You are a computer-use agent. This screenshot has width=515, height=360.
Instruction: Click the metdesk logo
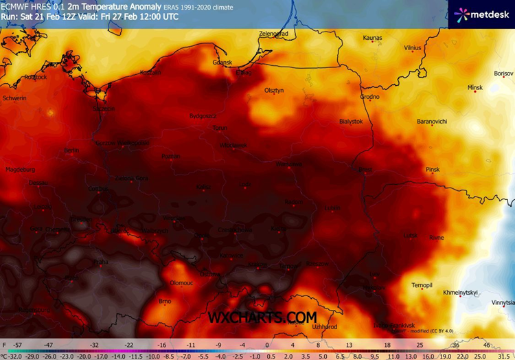point(481,14)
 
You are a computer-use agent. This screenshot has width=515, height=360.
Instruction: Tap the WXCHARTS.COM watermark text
point(262,317)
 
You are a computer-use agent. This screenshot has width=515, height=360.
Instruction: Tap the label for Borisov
point(503,74)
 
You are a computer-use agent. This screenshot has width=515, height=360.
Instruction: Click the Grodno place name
point(369,97)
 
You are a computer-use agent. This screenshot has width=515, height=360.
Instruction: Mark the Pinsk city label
point(432,169)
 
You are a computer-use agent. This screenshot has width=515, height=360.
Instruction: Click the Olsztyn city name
point(275,90)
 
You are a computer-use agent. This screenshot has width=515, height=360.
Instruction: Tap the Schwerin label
point(14,98)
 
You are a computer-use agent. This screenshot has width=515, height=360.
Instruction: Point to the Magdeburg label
point(19,169)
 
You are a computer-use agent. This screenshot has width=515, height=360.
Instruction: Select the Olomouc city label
point(181,282)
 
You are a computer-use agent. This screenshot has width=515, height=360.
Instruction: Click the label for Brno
point(165,302)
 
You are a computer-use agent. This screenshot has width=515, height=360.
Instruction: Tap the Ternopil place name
point(421,285)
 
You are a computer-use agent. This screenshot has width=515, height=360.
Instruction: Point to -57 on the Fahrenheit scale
point(19,344)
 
